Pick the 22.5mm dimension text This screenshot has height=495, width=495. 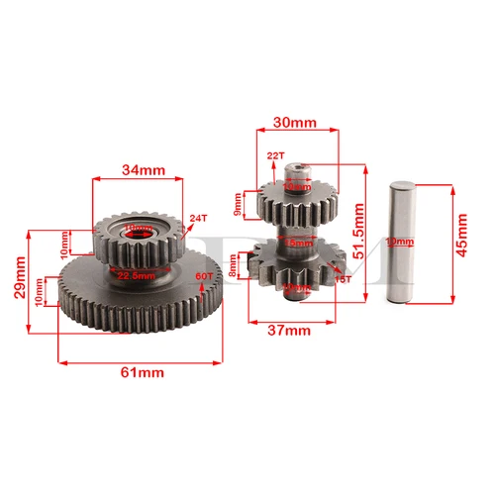(x=135, y=276)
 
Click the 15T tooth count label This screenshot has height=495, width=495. (x=343, y=280)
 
